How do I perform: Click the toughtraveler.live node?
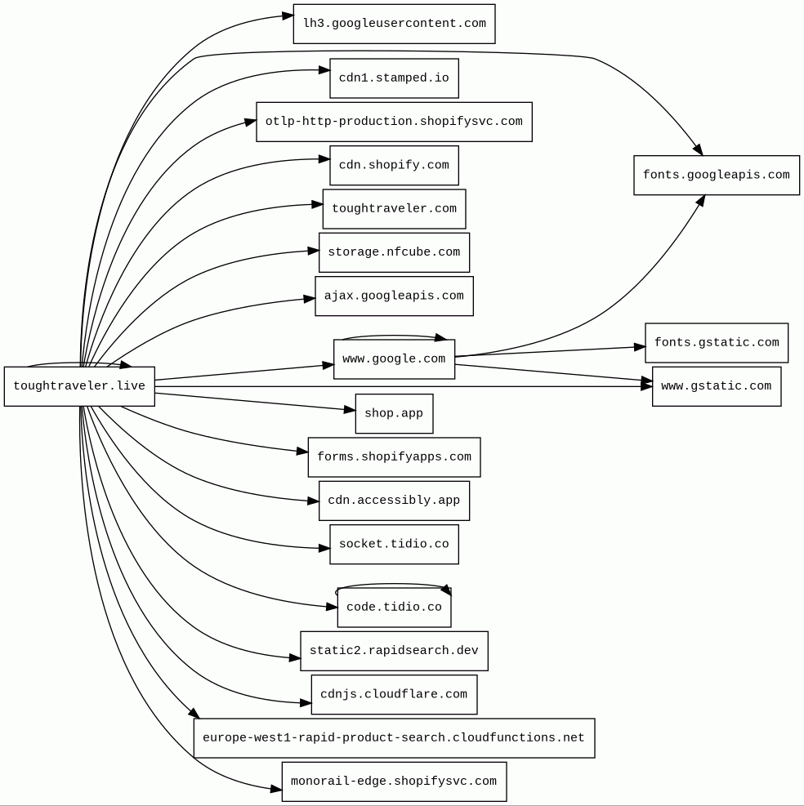79,386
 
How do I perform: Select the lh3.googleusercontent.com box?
394,24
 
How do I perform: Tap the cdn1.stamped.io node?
394,78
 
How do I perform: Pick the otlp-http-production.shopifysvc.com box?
394,122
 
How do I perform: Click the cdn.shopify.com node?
394,166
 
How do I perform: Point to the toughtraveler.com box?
394,209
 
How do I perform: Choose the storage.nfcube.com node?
394,252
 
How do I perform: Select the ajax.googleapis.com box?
394,296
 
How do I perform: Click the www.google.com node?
394,359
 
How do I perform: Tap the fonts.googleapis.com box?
717,176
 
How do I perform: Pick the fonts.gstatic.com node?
717,343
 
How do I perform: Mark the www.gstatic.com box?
717,386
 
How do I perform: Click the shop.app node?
394,414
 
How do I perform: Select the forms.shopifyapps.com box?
394,457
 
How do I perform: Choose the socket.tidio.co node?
394,545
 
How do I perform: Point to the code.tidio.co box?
394,608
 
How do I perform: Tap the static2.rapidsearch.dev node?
394,651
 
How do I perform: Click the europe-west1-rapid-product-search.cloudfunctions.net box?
394,738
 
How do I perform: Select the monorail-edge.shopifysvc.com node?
394,782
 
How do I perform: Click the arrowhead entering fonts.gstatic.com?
640,347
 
